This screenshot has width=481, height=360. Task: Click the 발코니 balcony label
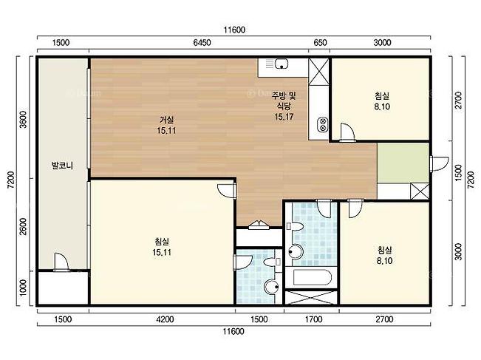(x=62, y=166)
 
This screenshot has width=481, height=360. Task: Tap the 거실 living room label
(x=166, y=120)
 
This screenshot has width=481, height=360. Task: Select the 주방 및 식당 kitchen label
(x=284, y=101)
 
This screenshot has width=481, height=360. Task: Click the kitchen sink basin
(x=282, y=64)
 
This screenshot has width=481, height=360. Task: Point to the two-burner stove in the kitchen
(x=322, y=124)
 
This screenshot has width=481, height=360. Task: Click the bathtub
(x=312, y=277)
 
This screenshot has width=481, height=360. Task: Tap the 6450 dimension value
(x=202, y=42)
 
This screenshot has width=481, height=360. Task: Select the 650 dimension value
(x=320, y=42)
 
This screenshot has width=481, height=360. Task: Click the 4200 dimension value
(x=165, y=319)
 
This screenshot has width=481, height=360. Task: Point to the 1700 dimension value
(x=313, y=319)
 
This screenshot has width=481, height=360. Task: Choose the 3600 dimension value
(x=24, y=120)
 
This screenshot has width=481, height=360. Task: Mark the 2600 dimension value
(x=24, y=226)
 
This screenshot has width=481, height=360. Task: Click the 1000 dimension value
(x=24, y=288)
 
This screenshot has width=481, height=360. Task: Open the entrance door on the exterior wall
(x=439, y=164)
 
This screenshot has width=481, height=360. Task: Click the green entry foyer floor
(x=403, y=163)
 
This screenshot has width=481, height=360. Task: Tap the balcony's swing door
(x=61, y=262)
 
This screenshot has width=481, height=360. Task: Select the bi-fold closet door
(x=259, y=225)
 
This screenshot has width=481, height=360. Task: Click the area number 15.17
(x=284, y=117)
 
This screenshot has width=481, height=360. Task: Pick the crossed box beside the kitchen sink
(x=318, y=72)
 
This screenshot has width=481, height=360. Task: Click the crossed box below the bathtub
(x=311, y=298)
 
